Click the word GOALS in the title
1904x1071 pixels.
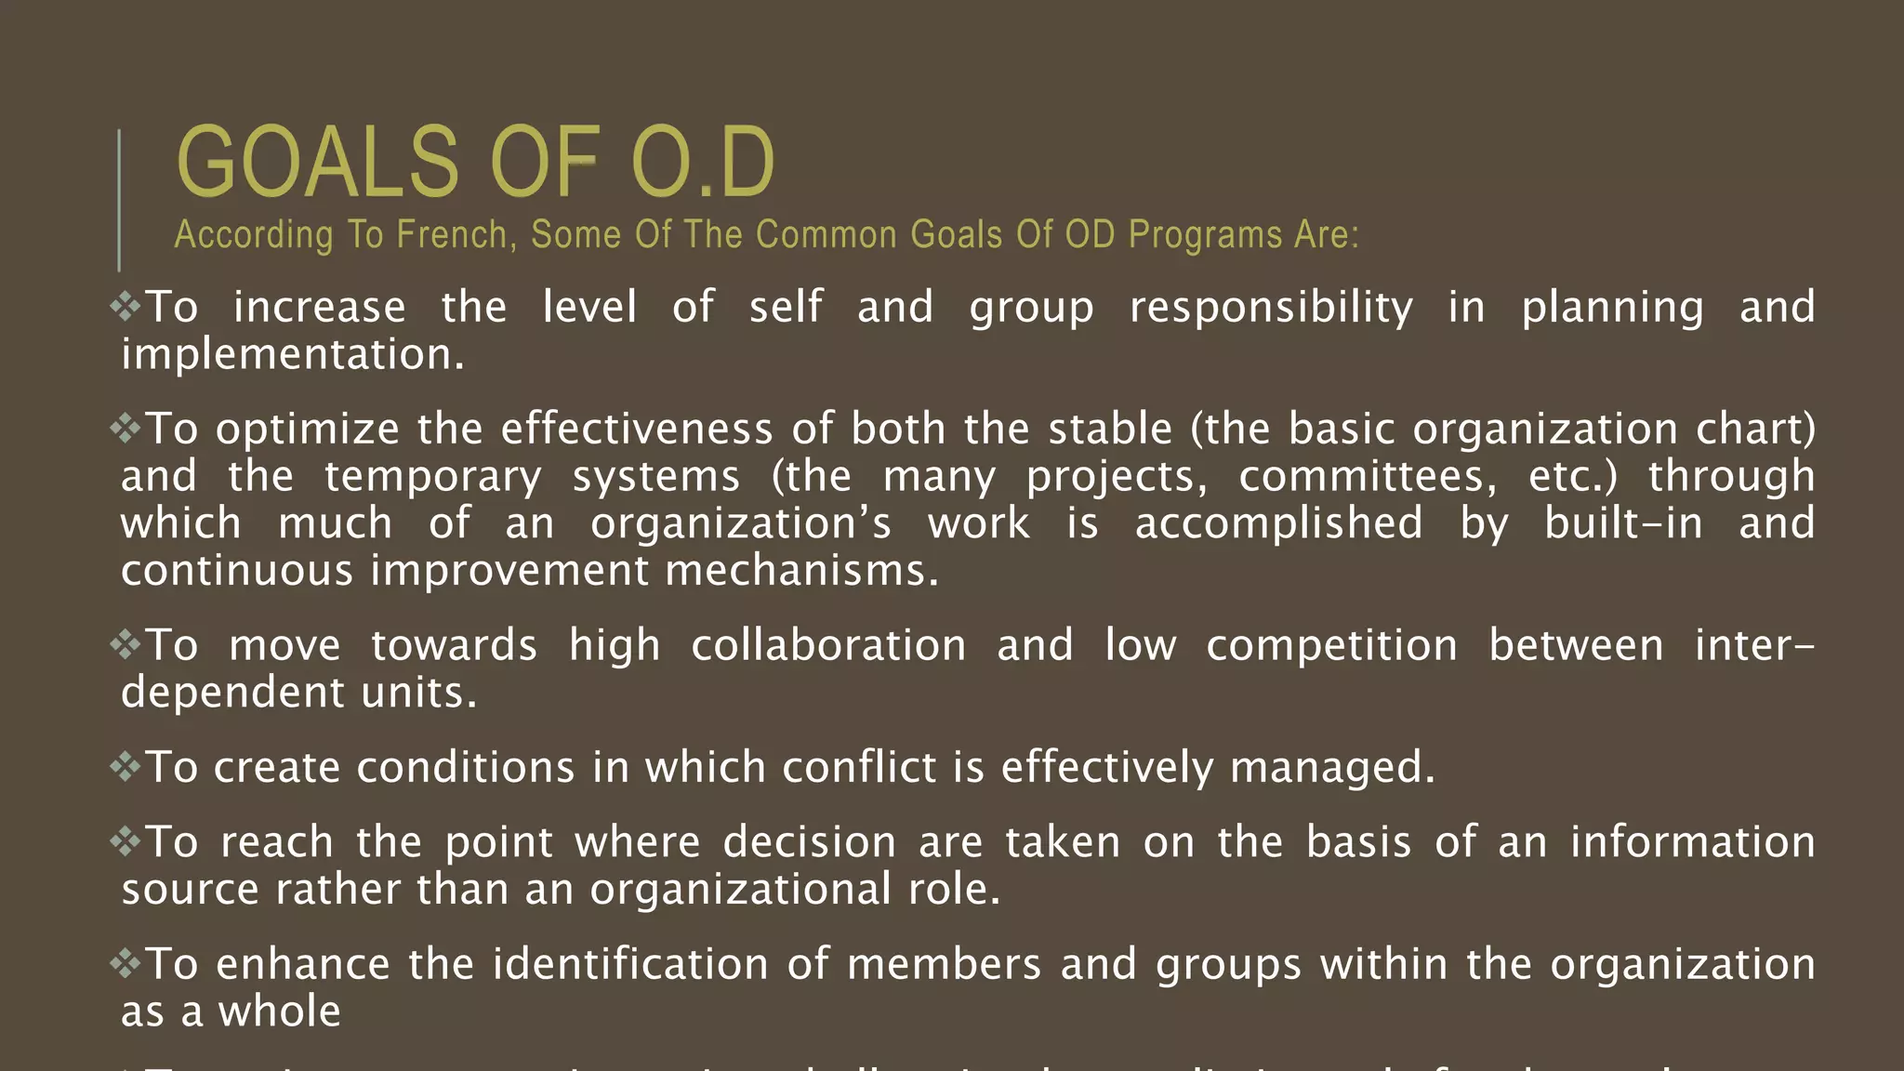tap(317, 163)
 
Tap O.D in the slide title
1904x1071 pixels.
tap(702, 163)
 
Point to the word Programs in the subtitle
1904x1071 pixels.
tap(1205, 235)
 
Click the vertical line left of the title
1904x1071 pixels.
tap(119, 200)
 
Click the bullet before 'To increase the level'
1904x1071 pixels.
tap(126, 306)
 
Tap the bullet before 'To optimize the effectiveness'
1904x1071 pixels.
tap(126, 428)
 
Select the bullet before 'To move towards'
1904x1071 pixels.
tap(126, 644)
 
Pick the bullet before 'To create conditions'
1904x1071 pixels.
tap(126, 766)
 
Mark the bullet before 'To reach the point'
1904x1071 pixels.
tap(126, 841)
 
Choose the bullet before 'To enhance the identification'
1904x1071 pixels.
tap(126, 963)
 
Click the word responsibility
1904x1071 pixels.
tap(1271, 308)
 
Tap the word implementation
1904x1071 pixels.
tap(291, 355)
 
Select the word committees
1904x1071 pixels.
tap(1368, 477)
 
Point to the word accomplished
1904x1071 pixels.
tap(1278, 524)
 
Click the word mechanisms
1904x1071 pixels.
tap(801, 571)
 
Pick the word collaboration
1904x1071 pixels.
tap(828, 645)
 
